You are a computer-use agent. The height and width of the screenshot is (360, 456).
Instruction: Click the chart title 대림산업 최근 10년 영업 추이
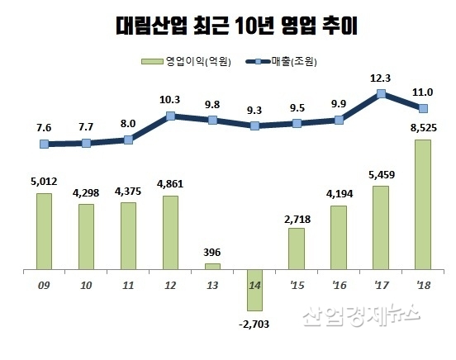[x=229, y=26]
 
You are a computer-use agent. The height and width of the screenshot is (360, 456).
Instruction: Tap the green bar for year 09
[x=44, y=231]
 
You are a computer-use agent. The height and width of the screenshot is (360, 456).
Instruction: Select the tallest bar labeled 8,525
[x=422, y=204]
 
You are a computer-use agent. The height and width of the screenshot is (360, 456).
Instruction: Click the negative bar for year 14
[x=254, y=290]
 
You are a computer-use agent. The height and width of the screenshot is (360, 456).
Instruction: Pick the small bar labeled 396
[x=212, y=266]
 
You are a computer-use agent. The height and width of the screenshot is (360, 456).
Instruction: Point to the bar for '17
[x=380, y=227]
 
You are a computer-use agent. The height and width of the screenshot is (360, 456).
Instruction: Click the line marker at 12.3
[x=381, y=94]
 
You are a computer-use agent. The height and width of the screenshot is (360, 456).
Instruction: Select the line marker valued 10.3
[x=170, y=116]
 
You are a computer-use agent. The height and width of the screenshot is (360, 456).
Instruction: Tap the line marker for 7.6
[x=44, y=144]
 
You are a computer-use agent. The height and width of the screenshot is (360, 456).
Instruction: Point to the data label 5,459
[x=380, y=175]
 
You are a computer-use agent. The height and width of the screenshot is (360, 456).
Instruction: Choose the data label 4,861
[x=170, y=185]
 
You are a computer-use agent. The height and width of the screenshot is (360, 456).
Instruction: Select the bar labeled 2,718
[x=297, y=249]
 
